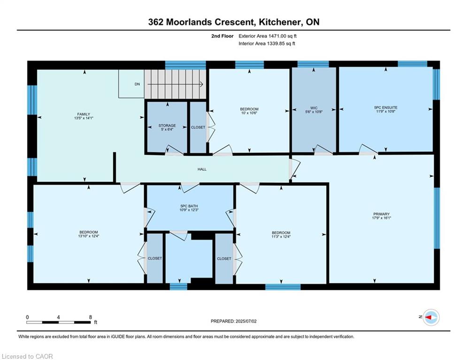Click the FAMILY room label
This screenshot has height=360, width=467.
coord(84,114)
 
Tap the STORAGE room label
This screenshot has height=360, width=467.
coord(167,126)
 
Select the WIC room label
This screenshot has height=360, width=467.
coord(314,108)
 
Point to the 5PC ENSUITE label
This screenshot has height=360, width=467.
coord(386,107)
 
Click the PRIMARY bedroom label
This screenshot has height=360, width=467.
coord(382,214)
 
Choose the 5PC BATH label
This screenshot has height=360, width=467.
coord(189,206)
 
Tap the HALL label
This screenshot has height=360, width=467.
coord(202,169)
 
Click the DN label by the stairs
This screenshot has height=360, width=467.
coord(138,84)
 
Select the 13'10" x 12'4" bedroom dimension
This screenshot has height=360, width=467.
coord(88,236)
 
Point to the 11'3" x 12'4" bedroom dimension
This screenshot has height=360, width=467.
coord(281,237)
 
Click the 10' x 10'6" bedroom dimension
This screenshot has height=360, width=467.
coord(249,113)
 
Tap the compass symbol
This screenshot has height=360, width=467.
coord(431,317)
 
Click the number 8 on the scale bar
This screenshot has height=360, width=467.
coord(91,317)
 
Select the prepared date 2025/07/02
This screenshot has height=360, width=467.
coord(246,321)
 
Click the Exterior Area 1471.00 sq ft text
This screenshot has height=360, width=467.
coord(268,36)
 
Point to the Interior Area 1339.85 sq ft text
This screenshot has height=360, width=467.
coord(267,44)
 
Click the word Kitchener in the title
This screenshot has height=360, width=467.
coord(279,22)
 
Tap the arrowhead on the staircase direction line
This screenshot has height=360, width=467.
coord(202,84)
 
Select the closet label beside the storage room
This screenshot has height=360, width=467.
coord(198,127)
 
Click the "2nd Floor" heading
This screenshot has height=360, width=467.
coord(222,36)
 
